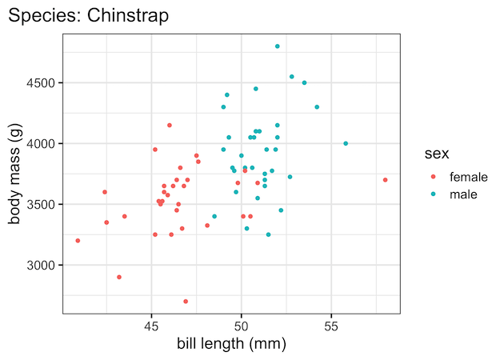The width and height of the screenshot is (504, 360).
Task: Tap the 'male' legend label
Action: (463, 194)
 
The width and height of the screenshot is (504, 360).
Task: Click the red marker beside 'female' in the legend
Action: (434, 176)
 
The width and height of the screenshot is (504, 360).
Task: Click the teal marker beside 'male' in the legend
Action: (434, 194)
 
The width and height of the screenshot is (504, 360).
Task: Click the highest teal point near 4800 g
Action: (278, 46)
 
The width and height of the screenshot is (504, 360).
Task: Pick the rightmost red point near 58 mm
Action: (386, 180)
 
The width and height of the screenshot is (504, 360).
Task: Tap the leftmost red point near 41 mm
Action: (78, 241)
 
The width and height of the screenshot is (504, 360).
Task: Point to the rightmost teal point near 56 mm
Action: (346, 144)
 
